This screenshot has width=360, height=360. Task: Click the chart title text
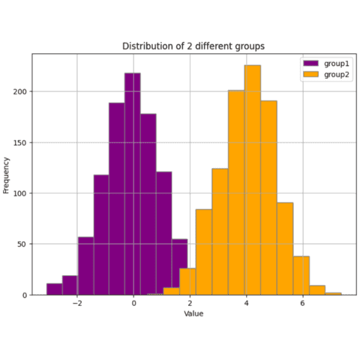(x=193, y=46)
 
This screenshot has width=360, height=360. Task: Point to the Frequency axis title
(x=7, y=174)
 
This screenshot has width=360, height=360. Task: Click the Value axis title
(x=193, y=313)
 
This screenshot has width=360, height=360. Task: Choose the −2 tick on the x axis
(x=76, y=304)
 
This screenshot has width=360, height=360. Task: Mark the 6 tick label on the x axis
(x=302, y=304)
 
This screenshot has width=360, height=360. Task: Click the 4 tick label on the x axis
(x=246, y=304)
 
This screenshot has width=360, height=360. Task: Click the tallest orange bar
(x=253, y=180)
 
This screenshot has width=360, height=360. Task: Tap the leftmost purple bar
(x=54, y=289)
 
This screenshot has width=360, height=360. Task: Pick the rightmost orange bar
(x=334, y=293)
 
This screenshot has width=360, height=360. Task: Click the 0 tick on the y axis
(x=24, y=295)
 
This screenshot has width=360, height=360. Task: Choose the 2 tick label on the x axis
(x=190, y=304)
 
